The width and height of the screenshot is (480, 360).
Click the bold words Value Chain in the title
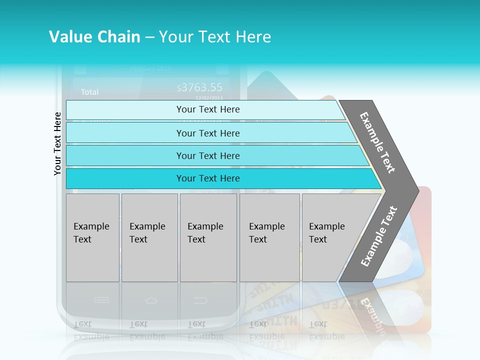tap(94, 37)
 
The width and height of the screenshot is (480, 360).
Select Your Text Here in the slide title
tap(215, 37)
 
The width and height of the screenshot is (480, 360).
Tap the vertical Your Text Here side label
tap(57, 143)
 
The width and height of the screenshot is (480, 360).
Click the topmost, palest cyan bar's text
tap(208, 109)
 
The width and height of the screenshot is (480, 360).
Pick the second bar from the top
tap(208, 133)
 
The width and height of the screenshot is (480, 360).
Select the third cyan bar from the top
tap(208, 155)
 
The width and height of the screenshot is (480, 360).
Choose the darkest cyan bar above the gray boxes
tap(208, 178)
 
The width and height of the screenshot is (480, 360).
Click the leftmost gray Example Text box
tap(92, 237)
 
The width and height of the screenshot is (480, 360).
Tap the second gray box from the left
tap(149, 237)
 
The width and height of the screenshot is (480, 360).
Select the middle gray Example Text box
tap(208, 237)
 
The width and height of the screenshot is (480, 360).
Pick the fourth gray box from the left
tap(269, 237)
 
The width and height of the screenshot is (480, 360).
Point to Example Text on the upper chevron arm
tap(377, 142)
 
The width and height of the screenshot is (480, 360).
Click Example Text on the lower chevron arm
tap(379, 236)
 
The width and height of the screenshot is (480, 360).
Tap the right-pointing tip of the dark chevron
tap(415, 190)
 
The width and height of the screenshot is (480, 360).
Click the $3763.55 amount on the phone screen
tap(199, 88)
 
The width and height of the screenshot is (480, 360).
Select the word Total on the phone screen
tap(90, 92)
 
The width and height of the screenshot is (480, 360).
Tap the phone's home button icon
tap(151, 300)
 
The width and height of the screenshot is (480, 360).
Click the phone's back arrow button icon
tap(200, 300)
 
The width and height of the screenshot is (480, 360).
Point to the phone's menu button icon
tap(101, 300)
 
